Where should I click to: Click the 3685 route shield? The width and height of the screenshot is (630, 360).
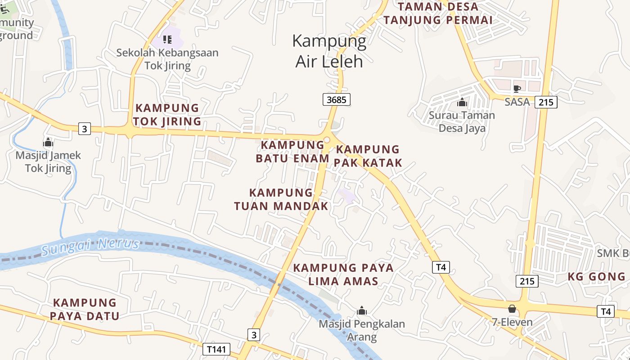click(x=336, y=99)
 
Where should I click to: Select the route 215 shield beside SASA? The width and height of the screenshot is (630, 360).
click(x=546, y=102)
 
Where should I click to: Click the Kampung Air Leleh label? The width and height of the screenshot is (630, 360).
click(x=329, y=51)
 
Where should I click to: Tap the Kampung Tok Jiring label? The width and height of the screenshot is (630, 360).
click(x=167, y=115)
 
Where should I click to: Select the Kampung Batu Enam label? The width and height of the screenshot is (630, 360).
click(x=290, y=152)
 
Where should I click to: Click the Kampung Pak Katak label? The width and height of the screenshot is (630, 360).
click(x=368, y=156)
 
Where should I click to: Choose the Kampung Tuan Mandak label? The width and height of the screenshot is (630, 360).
click(x=281, y=199)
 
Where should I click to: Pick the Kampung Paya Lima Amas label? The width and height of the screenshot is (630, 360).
click(x=343, y=274)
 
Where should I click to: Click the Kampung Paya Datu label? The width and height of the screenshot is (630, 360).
click(x=85, y=309)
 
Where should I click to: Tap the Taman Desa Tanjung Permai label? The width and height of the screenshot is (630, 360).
click(x=438, y=13)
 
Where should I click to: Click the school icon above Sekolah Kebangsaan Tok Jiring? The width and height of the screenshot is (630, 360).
click(x=167, y=40)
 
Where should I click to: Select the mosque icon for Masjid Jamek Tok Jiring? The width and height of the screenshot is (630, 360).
click(x=48, y=143)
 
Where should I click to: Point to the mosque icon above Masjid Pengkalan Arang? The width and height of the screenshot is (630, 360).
click(x=362, y=310)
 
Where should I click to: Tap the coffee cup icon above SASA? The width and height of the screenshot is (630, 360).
click(x=517, y=89)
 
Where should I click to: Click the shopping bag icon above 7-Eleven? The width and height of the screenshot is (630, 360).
click(x=512, y=309)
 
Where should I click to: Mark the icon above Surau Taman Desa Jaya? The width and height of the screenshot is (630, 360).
click(x=462, y=103)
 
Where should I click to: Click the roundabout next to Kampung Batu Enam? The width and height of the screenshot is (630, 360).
click(x=327, y=140)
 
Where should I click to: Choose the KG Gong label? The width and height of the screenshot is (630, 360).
click(x=596, y=276)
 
